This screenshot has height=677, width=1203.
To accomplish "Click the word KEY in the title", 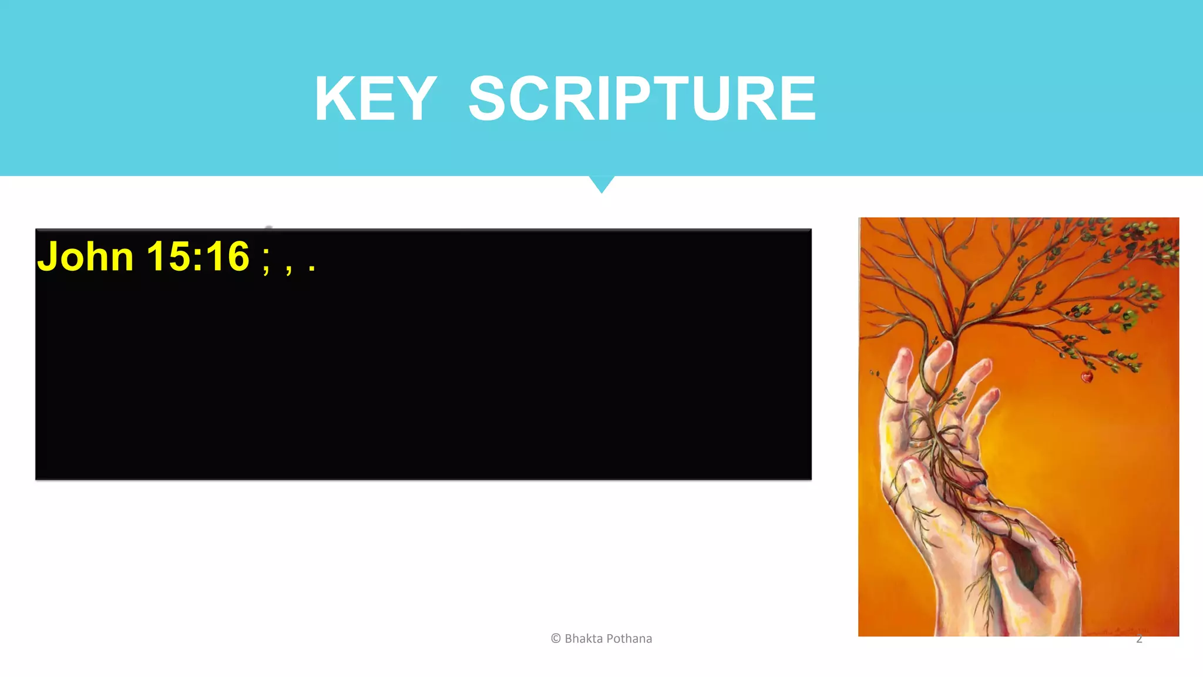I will (375, 99).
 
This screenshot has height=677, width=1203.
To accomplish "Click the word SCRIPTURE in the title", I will (642, 99).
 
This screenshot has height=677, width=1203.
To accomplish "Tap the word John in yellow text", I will (86, 257).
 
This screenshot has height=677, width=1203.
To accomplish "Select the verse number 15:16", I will (198, 257).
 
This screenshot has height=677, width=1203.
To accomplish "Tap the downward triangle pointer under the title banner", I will (601, 184).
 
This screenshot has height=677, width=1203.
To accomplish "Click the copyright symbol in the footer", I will (556, 638).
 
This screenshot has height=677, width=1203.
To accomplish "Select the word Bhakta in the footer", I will (583, 638).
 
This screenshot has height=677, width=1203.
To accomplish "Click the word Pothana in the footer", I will (629, 638).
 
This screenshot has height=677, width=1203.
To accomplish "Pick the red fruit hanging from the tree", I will (1087, 377).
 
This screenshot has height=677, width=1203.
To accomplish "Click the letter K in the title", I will (335, 99).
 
